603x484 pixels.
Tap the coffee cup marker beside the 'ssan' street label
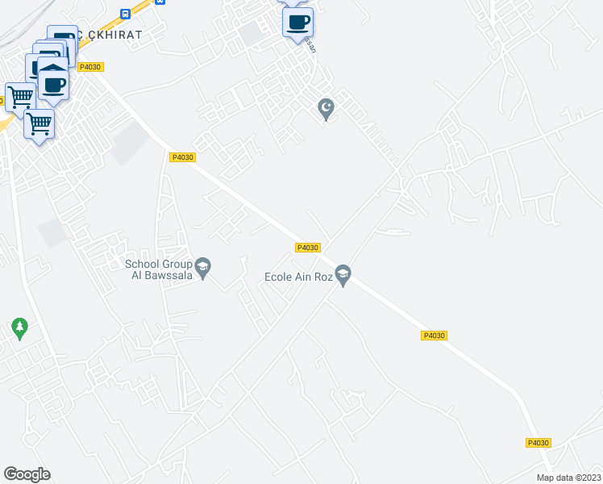tap(297, 23)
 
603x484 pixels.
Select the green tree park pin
tap(20, 328)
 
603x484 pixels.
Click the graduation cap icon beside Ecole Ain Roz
tap(343, 276)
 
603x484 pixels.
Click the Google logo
tap(27, 474)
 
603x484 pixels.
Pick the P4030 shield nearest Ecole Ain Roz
tap(308, 248)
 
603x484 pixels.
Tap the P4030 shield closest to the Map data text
tap(538, 443)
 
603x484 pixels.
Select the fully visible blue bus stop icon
tap(124, 14)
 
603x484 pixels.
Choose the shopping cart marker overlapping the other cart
tap(39, 125)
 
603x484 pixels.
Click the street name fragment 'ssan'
tap(312, 48)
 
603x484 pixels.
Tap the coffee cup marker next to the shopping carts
tap(54, 84)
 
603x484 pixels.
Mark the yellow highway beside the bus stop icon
tap(142, 10)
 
